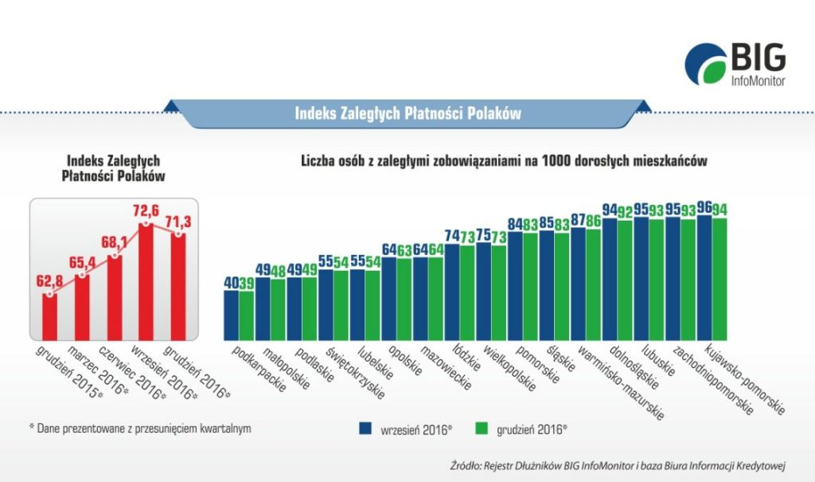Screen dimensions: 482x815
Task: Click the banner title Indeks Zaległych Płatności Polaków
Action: click(x=407, y=114)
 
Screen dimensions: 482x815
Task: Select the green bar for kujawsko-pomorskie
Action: click(x=719, y=276)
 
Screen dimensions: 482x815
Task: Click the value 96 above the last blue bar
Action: click(x=704, y=209)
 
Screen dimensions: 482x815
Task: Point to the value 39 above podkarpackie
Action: click(x=247, y=284)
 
